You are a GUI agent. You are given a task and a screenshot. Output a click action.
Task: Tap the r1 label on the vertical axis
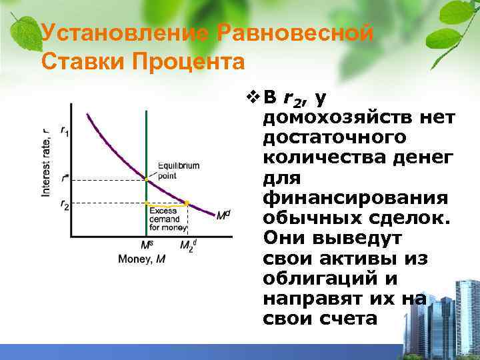point(64,131)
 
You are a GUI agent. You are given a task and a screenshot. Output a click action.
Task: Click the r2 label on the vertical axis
point(64,205)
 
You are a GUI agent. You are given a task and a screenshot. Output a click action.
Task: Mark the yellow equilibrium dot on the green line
point(146,179)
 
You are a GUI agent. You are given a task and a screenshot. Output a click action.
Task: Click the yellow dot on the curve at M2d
point(187,202)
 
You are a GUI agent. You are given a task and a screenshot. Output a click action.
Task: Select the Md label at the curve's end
point(223,215)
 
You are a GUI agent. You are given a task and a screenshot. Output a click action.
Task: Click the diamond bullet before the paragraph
point(251,98)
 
